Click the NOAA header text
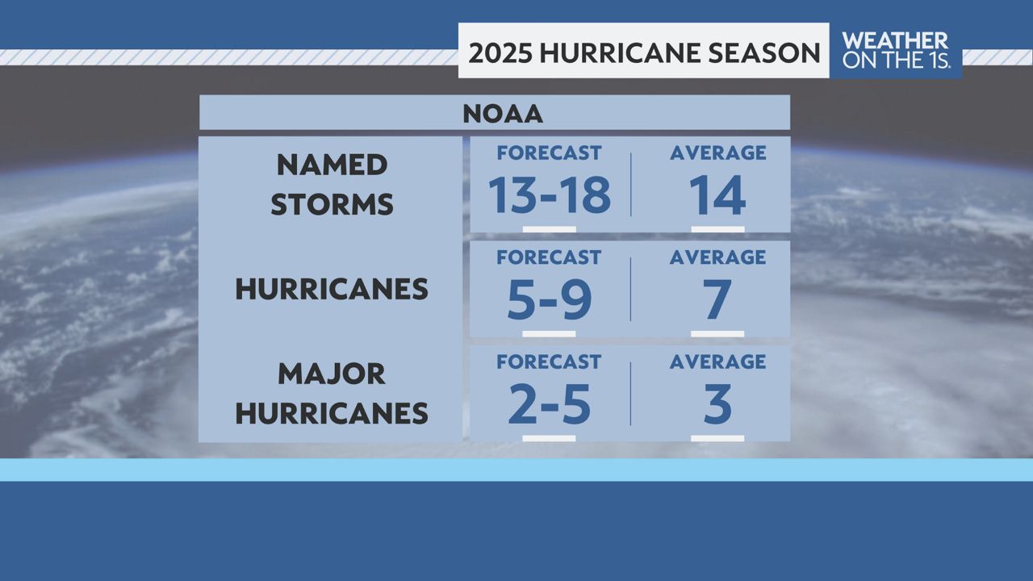coord(502,114)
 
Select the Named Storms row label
coord(332,185)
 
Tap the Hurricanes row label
coord(332,290)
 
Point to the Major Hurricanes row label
coord(332,394)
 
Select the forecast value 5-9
coord(549,300)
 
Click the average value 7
coord(717,300)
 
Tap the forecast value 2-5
coord(549,405)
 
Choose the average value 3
coord(717,405)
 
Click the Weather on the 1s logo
coord(895,50)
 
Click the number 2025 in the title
coord(500,52)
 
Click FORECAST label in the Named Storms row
coord(549,153)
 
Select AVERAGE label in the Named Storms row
coord(717,153)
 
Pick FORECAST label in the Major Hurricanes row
coord(549,362)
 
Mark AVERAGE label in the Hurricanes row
coord(717,257)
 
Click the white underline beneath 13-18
coord(549,229)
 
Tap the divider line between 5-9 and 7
coord(630,290)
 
